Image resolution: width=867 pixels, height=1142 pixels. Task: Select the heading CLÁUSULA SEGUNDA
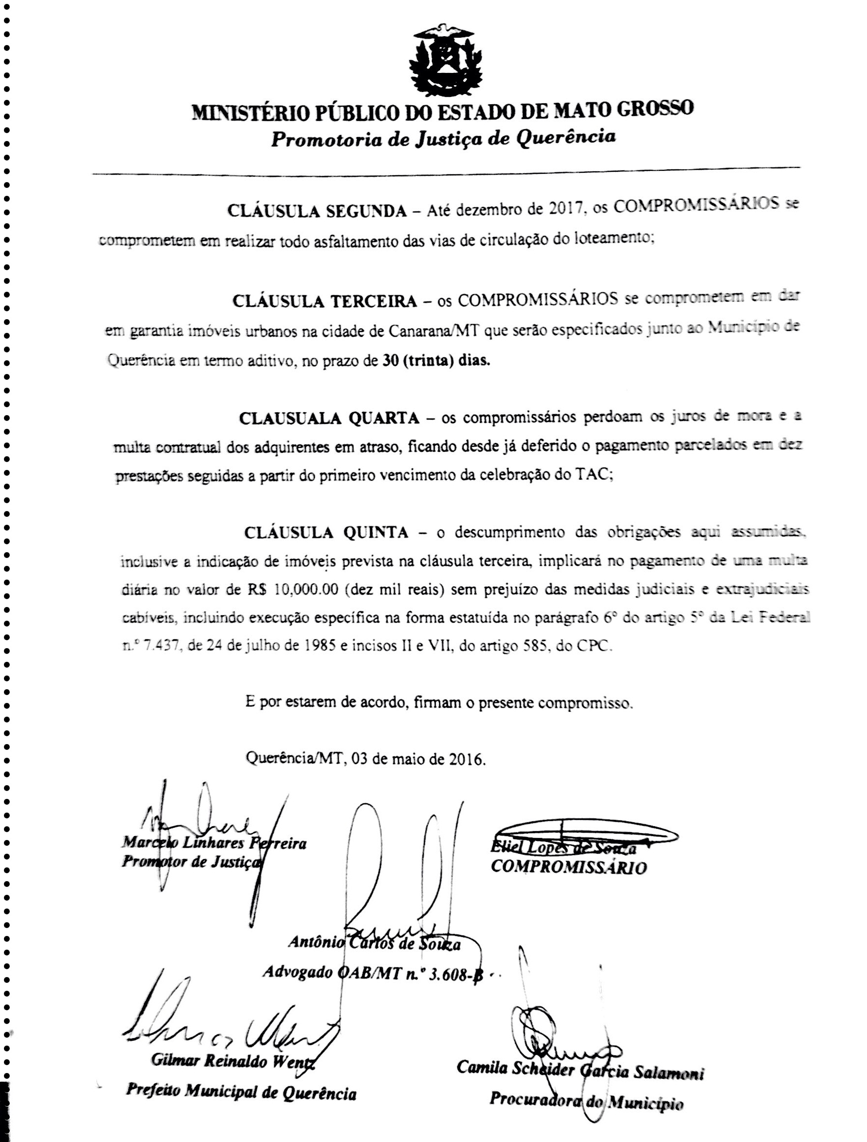tap(317, 211)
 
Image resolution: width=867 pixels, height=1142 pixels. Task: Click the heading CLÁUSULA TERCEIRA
tap(324, 301)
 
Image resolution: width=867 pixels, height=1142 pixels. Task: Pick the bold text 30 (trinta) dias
tap(436, 360)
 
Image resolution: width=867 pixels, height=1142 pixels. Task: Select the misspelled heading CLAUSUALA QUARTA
tap(329, 418)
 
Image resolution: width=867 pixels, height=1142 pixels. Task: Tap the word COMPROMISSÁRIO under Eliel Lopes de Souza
tap(568, 867)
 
